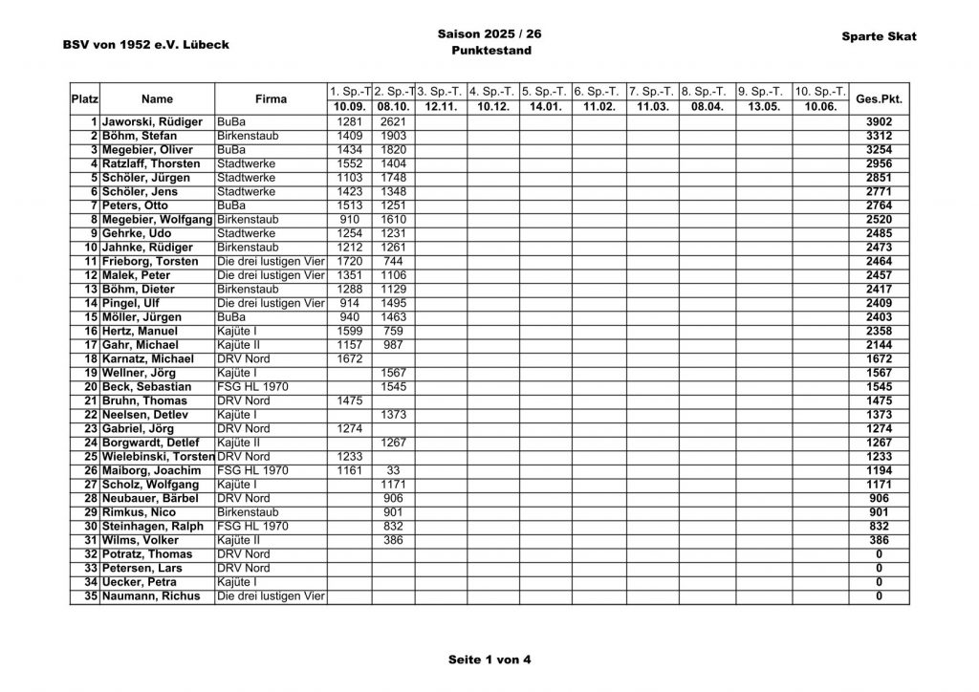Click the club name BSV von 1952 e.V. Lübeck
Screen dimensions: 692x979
point(145,44)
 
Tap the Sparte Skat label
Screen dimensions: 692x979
point(879,36)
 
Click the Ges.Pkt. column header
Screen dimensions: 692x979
point(879,98)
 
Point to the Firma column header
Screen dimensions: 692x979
point(272,98)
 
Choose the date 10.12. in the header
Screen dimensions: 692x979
point(493,106)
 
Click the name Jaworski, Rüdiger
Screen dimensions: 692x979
point(152,122)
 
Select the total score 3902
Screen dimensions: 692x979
point(879,122)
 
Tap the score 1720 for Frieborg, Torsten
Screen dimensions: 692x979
point(350,261)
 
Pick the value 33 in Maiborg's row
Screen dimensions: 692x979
point(393,470)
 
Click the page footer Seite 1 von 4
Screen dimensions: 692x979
point(489,660)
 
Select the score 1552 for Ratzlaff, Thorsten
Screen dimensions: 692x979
point(350,164)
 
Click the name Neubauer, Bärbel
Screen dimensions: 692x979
point(150,498)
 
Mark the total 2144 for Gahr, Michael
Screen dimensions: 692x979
point(879,345)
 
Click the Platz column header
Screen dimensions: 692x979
point(85,98)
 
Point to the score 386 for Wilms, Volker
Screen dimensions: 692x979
point(393,540)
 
